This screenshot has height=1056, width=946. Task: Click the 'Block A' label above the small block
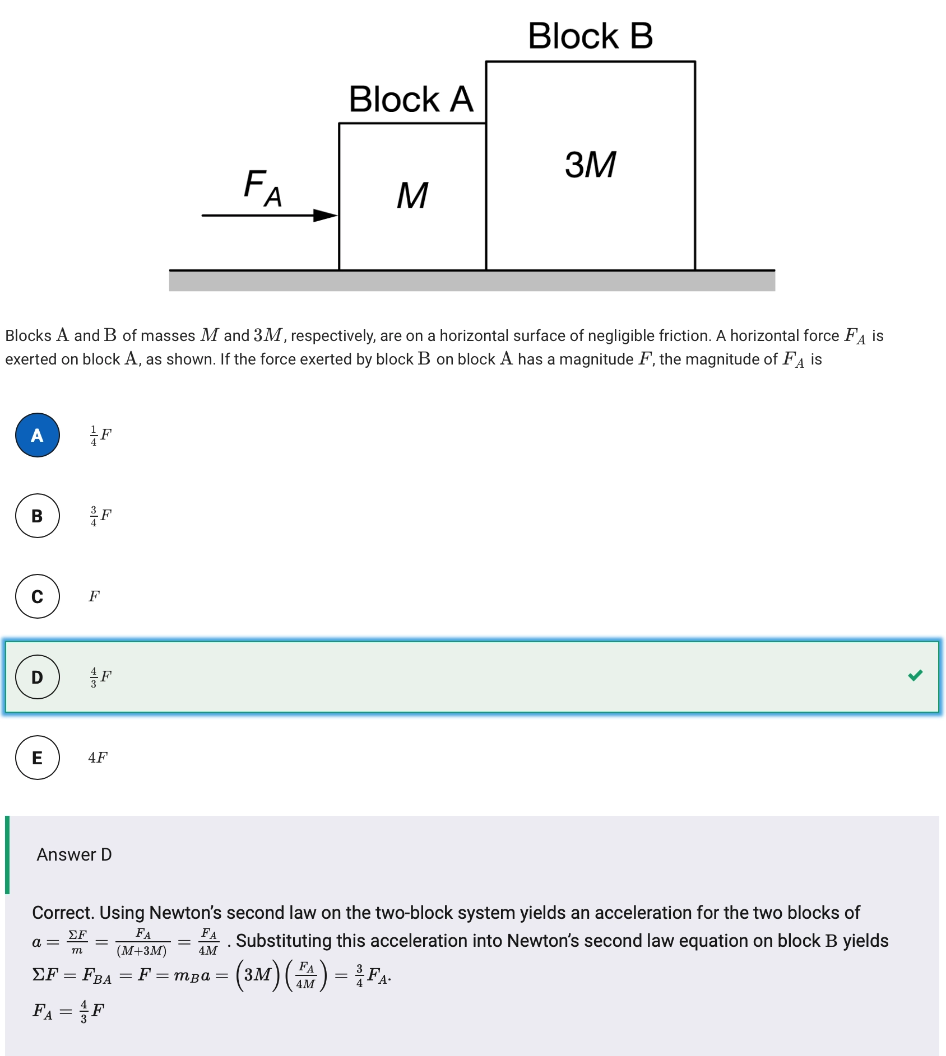point(411,99)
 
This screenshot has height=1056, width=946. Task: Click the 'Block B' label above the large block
point(590,36)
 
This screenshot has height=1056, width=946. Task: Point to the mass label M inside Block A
point(412,195)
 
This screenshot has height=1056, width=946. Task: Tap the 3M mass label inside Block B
point(590,165)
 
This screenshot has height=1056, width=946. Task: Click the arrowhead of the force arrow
point(326,215)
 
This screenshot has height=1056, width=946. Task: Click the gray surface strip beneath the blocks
point(472,281)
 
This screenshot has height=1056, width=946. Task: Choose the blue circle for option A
point(38,435)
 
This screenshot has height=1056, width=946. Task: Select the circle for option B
point(38,516)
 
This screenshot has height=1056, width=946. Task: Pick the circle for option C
point(38,596)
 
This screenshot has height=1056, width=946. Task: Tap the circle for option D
point(38,677)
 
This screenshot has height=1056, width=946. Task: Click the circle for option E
point(38,758)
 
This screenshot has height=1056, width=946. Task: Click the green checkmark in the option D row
point(915,675)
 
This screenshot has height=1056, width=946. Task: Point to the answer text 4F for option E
point(98,758)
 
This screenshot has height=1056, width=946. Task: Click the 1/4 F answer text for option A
point(100,435)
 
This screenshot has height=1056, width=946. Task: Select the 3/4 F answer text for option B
point(100,516)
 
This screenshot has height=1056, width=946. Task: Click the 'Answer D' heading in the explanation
point(74,854)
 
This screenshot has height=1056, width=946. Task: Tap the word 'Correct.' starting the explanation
point(63,913)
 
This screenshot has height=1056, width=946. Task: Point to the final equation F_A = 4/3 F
point(68,1011)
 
